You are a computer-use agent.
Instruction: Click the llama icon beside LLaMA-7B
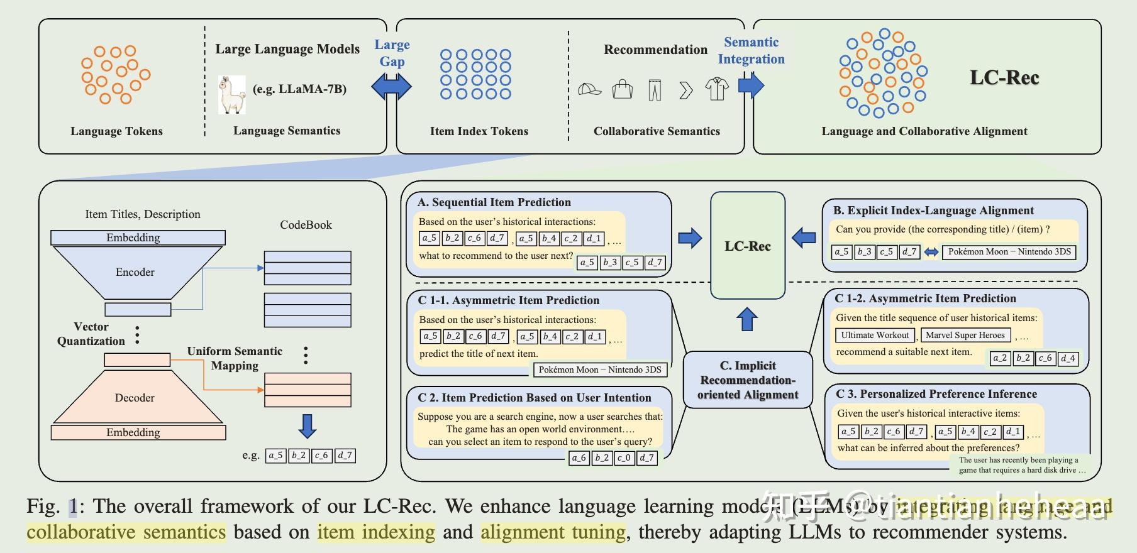click(x=231, y=95)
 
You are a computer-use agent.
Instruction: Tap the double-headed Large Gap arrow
click(x=391, y=86)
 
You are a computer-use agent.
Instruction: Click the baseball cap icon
click(x=589, y=89)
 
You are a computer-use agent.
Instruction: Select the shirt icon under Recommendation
click(x=716, y=89)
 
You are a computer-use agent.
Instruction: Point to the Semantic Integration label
click(x=751, y=50)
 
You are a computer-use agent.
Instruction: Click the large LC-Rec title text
click(x=1004, y=77)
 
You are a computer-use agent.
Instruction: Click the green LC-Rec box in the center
click(x=747, y=246)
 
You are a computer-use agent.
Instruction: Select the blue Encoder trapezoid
click(x=136, y=272)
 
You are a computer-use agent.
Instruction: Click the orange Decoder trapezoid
click(x=136, y=397)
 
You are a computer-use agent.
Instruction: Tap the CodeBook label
click(x=306, y=225)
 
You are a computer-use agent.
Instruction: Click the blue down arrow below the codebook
click(x=307, y=426)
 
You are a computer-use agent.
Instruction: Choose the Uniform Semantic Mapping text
click(x=235, y=358)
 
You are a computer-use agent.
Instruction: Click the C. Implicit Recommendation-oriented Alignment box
click(x=747, y=380)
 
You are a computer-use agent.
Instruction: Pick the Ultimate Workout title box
click(x=874, y=335)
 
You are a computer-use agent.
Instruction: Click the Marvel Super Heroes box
click(x=965, y=335)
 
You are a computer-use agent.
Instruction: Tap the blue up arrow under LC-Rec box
click(x=746, y=319)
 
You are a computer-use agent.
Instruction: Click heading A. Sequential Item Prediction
click(x=494, y=202)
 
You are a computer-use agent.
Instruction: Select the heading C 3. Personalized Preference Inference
click(x=936, y=394)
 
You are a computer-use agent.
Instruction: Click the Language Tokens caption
click(x=116, y=131)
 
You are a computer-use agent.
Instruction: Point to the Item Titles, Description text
click(x=143, y=214)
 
